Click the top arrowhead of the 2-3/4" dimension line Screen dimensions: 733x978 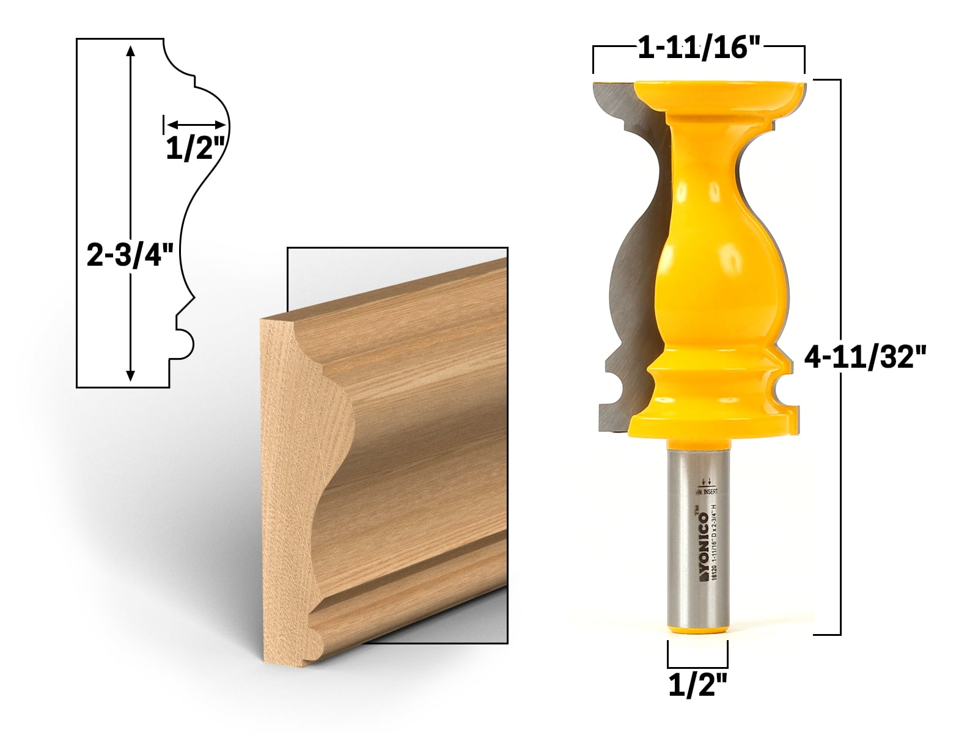coord(129,51)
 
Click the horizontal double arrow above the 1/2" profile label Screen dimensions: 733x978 coord(196,125)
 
